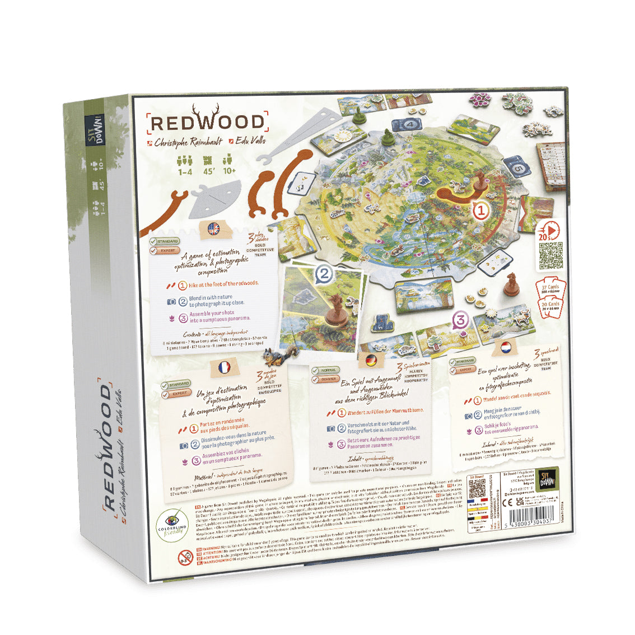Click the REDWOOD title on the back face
[207, 123]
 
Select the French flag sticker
[223, 368]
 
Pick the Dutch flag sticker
[505, 347]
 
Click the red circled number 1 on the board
[482, 211]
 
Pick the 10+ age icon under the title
[229, 166]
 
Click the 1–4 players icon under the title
[185, 166]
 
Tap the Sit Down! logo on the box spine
[94, 130]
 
